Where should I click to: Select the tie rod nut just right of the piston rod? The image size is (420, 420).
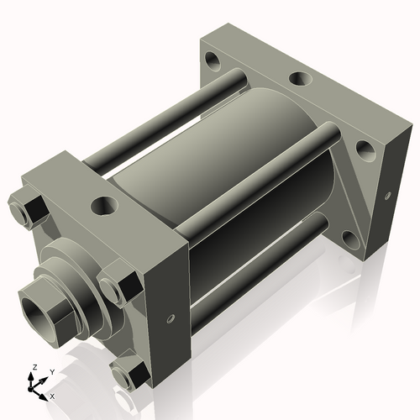116,286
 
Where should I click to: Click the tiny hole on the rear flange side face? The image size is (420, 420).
387,196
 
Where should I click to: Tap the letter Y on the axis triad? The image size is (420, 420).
51,371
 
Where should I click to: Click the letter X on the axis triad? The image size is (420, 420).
52,395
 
